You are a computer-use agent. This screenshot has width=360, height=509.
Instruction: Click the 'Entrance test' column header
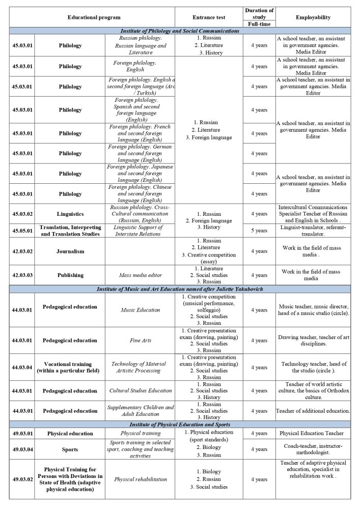point(208,17)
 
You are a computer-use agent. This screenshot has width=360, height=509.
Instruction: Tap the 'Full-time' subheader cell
point(259,24)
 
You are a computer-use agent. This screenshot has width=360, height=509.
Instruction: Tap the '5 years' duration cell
point(259,231)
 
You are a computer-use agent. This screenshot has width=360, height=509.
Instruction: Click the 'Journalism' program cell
point(70,251)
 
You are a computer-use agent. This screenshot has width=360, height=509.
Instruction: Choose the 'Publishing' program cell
point(70,275)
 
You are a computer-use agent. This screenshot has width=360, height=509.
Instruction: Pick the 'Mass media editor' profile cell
point(140,275)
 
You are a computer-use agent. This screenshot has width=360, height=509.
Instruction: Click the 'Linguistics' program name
point(70,214)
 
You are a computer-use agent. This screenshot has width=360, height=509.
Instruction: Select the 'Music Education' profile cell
point(140,310)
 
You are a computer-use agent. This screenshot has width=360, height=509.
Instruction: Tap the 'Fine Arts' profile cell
point(140,341)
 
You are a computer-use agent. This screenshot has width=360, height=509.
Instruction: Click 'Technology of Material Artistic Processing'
point(140,367)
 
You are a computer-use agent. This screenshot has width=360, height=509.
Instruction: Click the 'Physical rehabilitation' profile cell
point(140,479)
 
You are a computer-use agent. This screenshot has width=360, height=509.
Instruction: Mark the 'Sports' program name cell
point(70,449)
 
